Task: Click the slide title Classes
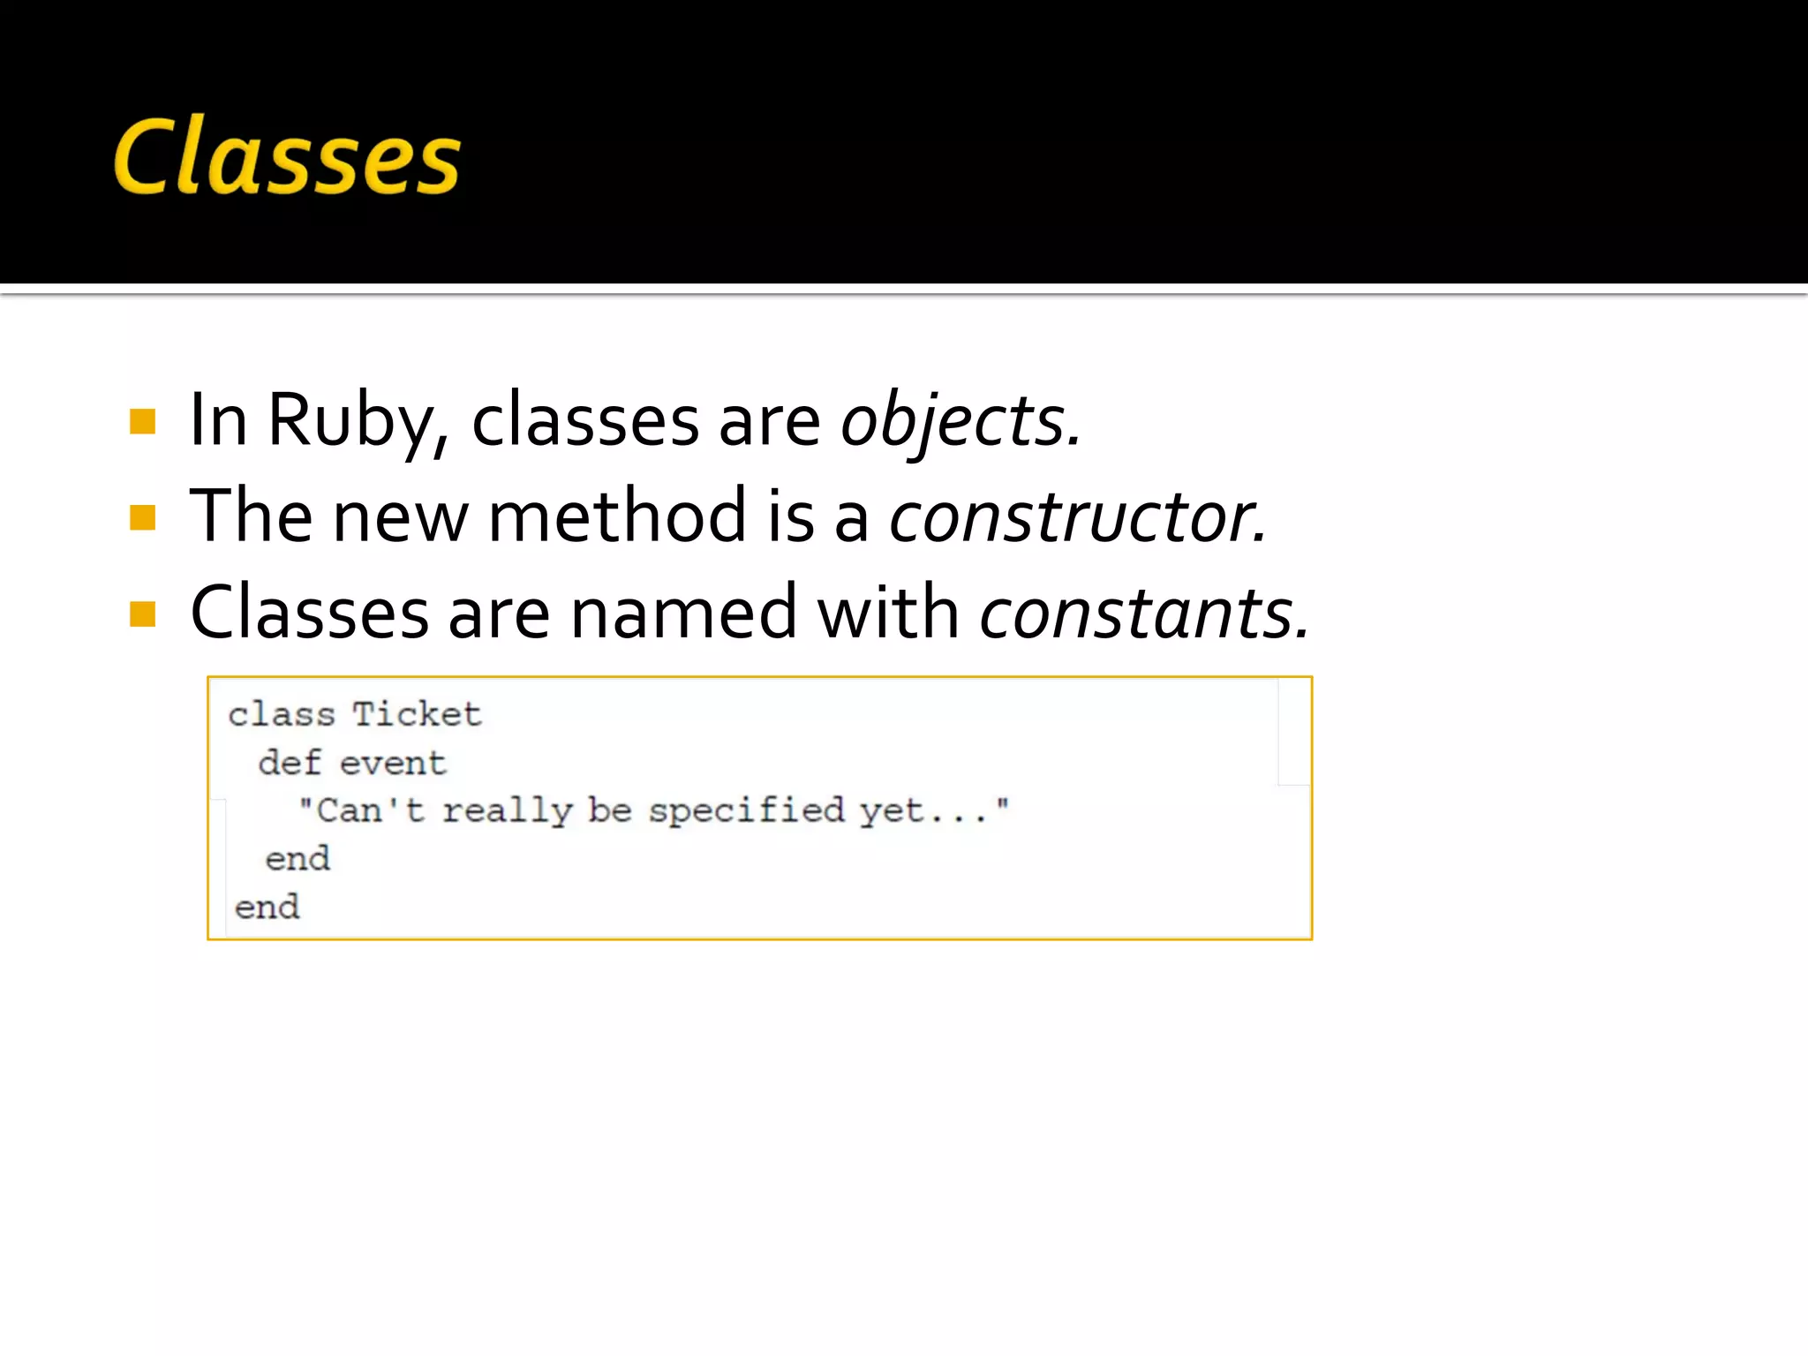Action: pos(287,157)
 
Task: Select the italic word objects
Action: pos(958,420)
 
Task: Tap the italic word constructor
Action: pos(1075,516)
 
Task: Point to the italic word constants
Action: pos(1142,613)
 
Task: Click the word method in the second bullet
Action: pos(617,516)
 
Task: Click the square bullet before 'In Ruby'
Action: pos(142,421)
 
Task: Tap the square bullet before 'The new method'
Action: pos(142,517)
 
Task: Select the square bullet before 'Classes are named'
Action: pos(142,614)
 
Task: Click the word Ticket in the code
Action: pos(418,714)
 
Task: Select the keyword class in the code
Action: pos(282,714)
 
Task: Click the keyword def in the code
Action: pos(289,763)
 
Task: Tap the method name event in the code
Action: pos(394,763)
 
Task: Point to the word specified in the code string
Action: pos(746,810)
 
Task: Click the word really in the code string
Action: pos(507,810)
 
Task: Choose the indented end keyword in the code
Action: pos(298,858)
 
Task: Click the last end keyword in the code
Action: pos(267,907)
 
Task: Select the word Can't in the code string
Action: pos(368,810)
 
